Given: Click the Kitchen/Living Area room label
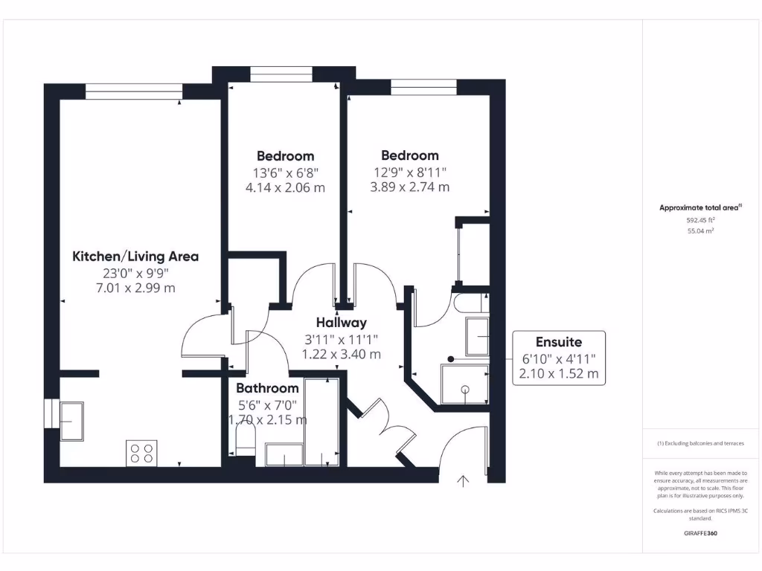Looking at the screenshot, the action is pyautogui.click(x=135, y=257).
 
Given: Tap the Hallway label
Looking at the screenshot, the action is pyautogui.click(x=341, y=323).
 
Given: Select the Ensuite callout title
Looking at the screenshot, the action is pyautogui.click(x=559, y=342).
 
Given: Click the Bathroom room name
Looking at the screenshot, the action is pyautogui.click(x=267, y=388).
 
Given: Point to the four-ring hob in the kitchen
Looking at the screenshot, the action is pyautogui.click(x=141, y=453).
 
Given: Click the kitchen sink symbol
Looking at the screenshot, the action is pyautogui.click(x=71, y=421).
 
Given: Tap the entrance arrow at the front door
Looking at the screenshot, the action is pyautogui.click(x=463, y=481).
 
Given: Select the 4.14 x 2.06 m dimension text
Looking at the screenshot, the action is pyautogui.click(x=285, y=188).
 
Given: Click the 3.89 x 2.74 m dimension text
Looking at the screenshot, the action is pyautogui.click(x=410, y=187).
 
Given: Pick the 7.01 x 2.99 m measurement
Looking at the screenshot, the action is pyautogui.click(x=135, y=288).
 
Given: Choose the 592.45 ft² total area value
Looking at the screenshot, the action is pyautogui.click(x=700, y=220).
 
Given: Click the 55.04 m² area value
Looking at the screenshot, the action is pyautogui.click(x=700, y=231).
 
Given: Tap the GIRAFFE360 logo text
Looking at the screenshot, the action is pyautogui.click(x=700, y=533).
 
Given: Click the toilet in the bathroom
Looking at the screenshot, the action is pyautogui.click(x=246, y=442).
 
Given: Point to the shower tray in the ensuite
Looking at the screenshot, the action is pyautogui.click(x=464, y=384).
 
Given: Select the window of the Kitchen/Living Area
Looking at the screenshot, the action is pyautogui.click(x=134, y=91).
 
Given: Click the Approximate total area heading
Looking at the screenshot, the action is pyautogui.click(x=700, y=207).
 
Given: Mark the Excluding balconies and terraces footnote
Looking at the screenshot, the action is pyautogui.click(x=700, y=443).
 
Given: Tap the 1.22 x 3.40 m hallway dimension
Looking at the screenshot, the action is pyautogui.click(x=341, y=355).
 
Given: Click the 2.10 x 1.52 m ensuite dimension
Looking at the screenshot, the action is pyautogui.click(x=559, y=374).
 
